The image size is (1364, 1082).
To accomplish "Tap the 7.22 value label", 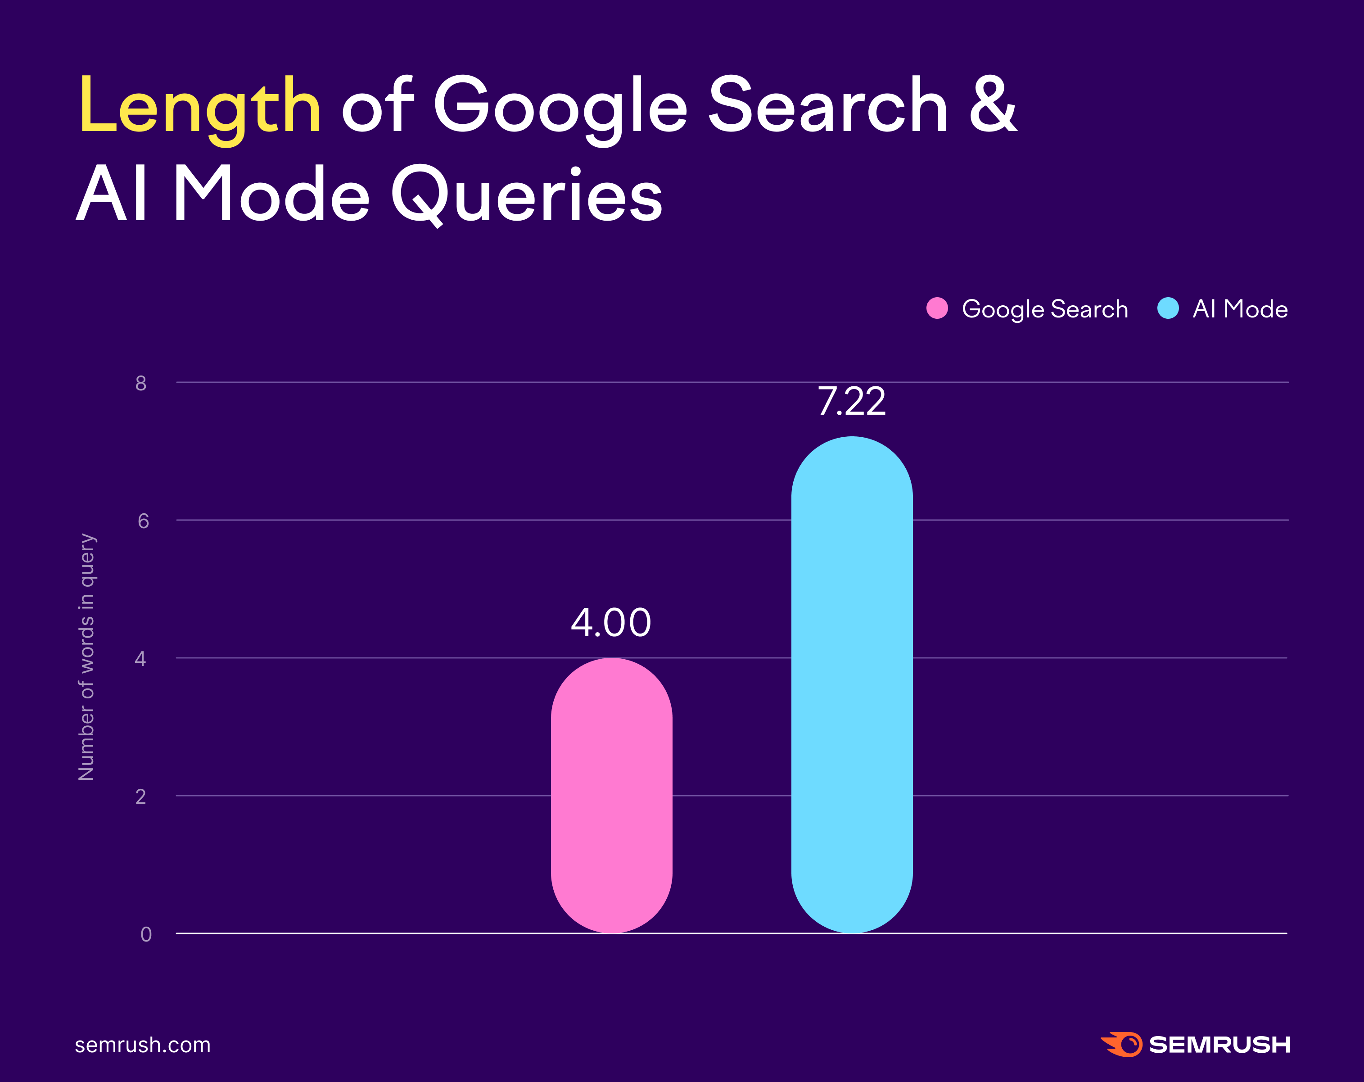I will point(852,402).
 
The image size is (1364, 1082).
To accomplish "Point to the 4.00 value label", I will point(610,623).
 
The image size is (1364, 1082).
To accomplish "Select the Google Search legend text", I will point(1044,309).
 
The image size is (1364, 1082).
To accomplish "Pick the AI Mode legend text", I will point(1240,309).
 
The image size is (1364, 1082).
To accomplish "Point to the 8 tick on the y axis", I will point(141,383).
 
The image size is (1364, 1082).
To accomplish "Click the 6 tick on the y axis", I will point(143,521).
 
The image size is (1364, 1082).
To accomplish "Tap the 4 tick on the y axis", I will point(140,659).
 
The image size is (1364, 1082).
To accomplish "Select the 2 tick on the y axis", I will point(140,797).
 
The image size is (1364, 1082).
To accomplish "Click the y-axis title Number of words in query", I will point(87,657).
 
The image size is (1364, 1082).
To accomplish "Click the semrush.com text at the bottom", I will point(142,1045).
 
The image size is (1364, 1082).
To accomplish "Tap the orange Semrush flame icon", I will point(1122,1044).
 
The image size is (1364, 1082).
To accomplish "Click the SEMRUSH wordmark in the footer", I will point(1219,1045).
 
